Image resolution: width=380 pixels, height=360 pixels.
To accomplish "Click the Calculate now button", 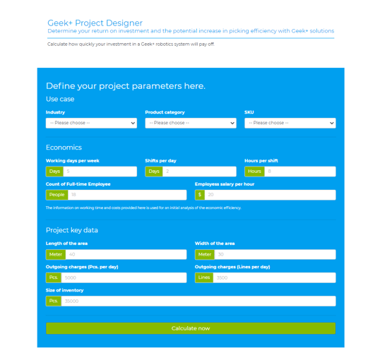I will [191, 328].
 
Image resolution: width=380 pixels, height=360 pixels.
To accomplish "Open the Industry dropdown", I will [91, 123].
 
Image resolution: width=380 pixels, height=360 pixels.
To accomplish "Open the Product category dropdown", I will [191, 123].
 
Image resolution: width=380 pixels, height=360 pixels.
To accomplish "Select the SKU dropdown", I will [290, 123].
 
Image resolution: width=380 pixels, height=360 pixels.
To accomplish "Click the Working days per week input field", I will [100, 172].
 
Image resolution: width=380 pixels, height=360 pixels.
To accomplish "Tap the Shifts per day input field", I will [198, 172].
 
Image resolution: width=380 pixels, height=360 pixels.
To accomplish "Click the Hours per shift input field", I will [299, 172].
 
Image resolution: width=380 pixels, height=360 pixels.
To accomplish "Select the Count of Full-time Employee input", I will [126, 195].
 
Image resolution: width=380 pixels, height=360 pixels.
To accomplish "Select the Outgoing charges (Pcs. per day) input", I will [124, 278].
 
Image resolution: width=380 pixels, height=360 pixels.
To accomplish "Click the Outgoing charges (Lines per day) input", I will [274, 278].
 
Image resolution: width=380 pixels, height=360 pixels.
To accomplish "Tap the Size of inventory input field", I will [198, 301].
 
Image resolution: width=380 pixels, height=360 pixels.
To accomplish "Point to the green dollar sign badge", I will [200, 195].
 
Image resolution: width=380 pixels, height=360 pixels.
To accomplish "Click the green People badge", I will [57, 195].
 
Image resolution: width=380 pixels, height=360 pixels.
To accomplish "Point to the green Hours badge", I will [254, 172].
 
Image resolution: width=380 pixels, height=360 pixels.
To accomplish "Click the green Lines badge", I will [204, 278].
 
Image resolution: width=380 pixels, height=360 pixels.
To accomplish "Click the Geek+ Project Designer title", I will [95, 23].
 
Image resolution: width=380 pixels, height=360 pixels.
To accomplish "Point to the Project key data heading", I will [72, 230].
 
